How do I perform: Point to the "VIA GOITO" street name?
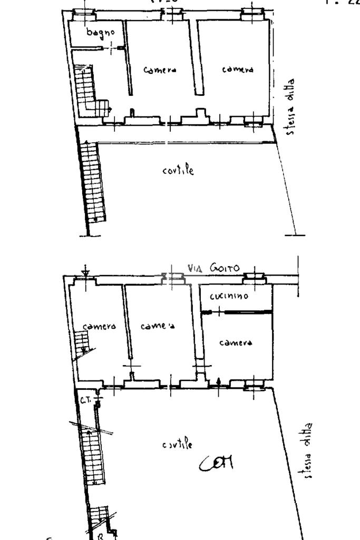(213, 269)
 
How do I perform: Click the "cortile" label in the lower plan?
(177, 444)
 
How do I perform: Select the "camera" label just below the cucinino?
(236, 342)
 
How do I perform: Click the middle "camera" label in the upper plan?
(160, 70)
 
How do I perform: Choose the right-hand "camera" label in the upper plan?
(237, 70)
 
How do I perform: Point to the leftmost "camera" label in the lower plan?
(95, 326)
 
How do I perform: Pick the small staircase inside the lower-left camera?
(83, 343)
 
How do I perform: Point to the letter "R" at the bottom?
(100, 535)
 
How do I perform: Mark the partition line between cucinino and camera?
(237, 313)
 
